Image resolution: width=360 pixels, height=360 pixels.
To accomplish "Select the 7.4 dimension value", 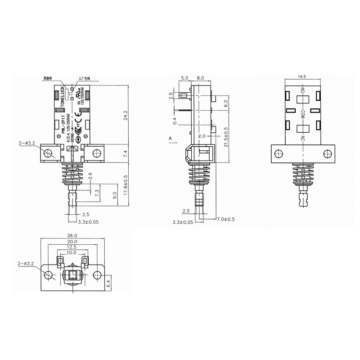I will (x=126, y=154).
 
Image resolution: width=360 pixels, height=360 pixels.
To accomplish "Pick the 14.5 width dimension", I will (x=302, y=77).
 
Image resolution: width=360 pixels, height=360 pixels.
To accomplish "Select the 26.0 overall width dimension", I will (x=72, y=235).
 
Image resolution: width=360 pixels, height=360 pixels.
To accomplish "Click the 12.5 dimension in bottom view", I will (x=72, y=247).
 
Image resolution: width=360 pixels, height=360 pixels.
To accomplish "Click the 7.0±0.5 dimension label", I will (x=226, y=219).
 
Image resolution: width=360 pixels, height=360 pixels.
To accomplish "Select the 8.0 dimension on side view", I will (x=201, y=78).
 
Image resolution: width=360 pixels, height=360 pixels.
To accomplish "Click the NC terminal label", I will (x=303, y=137).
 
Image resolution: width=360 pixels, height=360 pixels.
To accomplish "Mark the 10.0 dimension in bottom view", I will (x=72, y=253).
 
